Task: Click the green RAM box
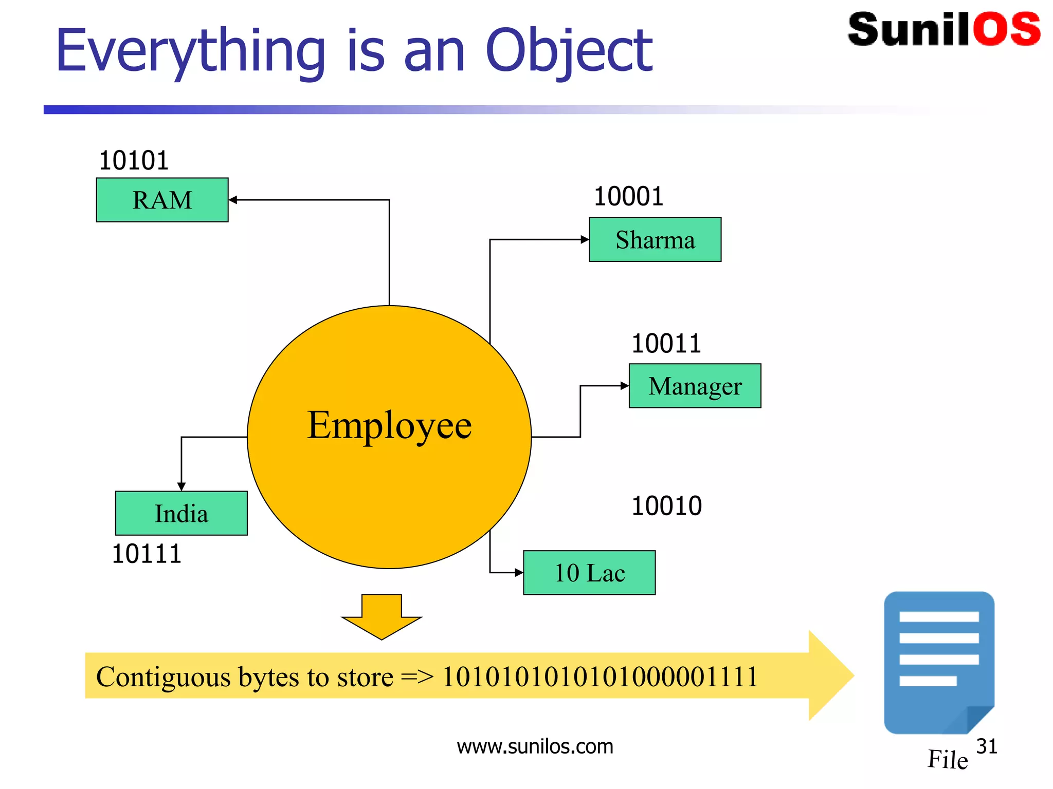162,200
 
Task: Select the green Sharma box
655,240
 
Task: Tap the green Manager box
695,386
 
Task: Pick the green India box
181,513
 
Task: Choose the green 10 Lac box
589,573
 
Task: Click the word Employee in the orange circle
389,425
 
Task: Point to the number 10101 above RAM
134,161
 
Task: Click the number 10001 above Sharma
628,196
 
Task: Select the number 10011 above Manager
666,343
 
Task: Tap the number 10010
666,506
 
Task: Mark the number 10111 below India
147,554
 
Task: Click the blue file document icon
938,662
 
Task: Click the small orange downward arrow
382,616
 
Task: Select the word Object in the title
569,51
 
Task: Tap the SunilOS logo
943,29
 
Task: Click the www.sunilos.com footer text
535,746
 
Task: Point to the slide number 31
986,746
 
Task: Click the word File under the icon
947,759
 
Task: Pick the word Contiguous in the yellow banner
163,677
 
